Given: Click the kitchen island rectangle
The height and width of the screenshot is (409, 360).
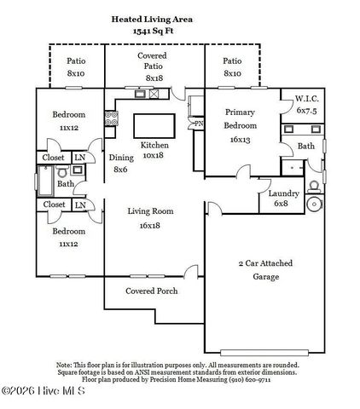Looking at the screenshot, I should [x=154, y=125].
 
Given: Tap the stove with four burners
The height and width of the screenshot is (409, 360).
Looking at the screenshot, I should [x=110, y=120].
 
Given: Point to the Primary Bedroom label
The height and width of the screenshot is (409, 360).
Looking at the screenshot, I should [x=241, y=125].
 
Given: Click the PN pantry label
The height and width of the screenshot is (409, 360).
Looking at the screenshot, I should [x=198, y=124].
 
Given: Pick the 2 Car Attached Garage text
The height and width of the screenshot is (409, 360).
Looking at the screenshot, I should [x=264, y=270].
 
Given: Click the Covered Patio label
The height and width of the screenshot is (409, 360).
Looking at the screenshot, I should [x=154, y=66].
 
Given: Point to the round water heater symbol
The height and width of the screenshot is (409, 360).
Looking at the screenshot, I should [x=314, y=204].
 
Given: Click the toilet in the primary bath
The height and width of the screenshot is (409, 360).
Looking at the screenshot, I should [x=313, y=183].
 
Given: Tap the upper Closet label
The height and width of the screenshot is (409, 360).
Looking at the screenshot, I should [x=54, y=158].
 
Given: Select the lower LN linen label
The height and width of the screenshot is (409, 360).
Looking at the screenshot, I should [x=78, y=205].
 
